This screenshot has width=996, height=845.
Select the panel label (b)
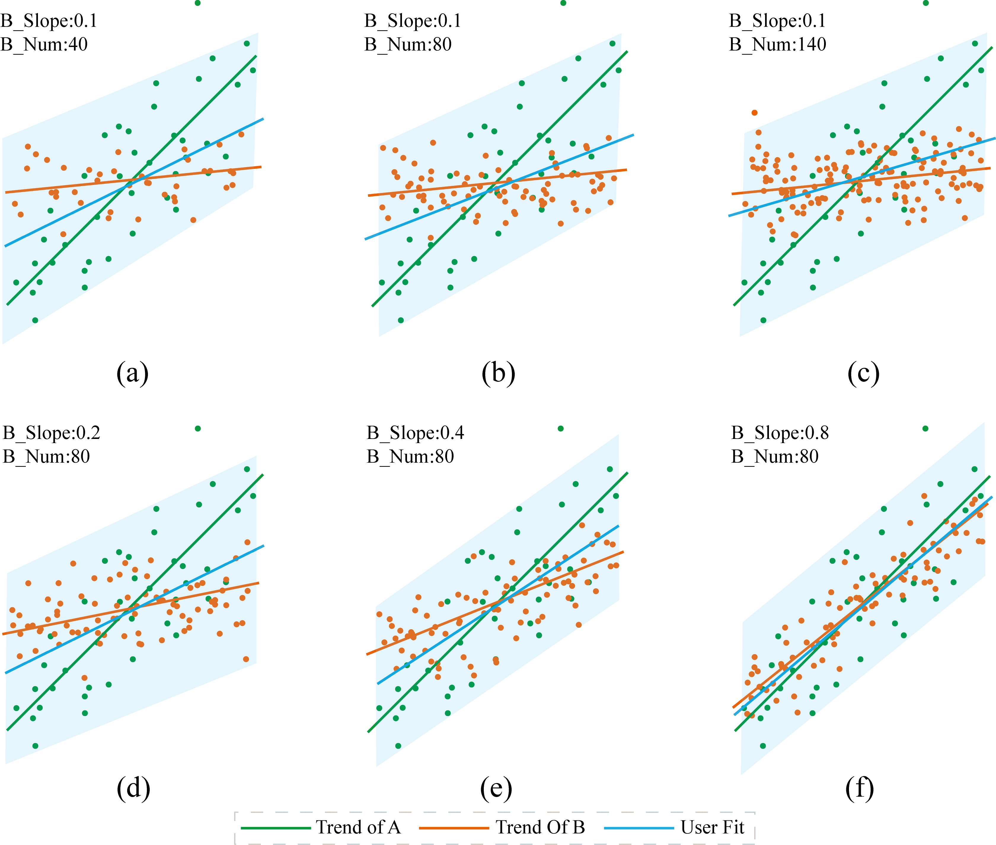[498, 373]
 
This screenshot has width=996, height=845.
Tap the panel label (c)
[863, 373]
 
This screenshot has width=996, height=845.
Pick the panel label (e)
[496, 788]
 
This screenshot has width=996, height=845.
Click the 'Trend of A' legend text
[358, 827]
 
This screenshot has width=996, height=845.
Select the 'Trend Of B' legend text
[540, 827]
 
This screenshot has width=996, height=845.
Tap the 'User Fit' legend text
[712, 827]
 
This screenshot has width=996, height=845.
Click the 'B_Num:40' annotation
[44, 44]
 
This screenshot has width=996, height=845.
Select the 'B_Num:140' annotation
[778, 44]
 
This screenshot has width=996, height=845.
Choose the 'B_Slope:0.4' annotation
[415, 432]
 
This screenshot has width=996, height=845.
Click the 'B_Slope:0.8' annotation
[780, 432]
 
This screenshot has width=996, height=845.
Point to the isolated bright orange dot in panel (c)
[754, 113]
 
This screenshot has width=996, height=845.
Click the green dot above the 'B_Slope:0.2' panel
[198, 428]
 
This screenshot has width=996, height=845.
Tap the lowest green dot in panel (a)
[35, 320]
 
